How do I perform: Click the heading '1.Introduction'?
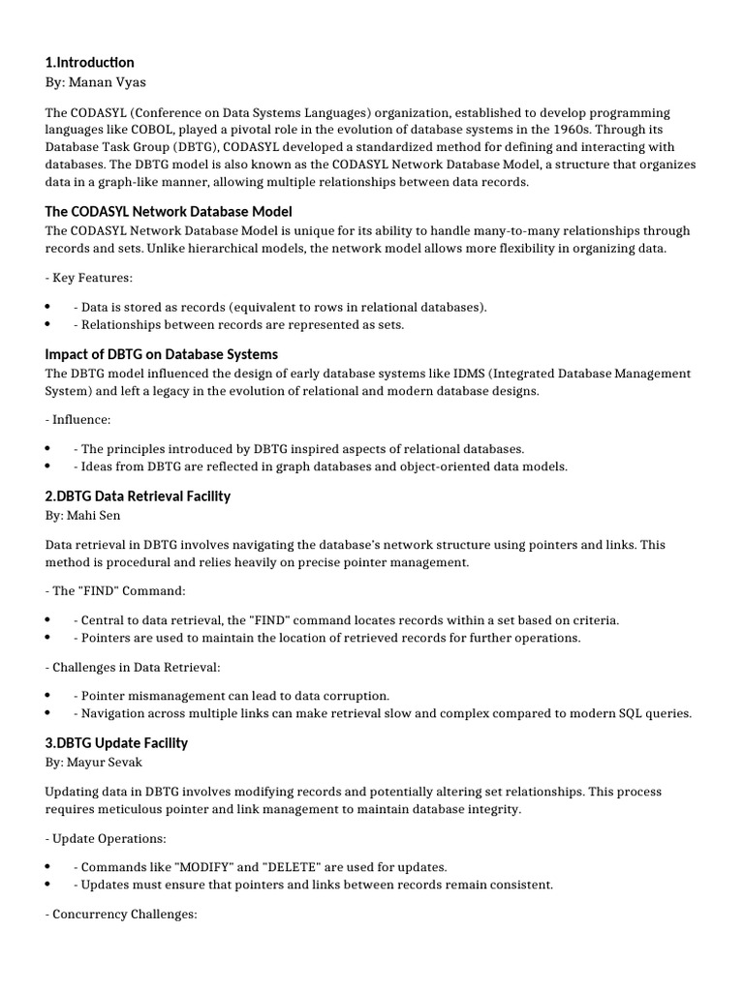90,63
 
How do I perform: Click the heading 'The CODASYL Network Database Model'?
169,211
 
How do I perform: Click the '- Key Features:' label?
89,278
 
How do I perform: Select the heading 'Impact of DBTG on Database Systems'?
162,353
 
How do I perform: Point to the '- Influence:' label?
78,420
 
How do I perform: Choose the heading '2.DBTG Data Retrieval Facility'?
138,495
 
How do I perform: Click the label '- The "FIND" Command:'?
115,590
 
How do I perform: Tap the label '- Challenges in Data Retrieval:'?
133,667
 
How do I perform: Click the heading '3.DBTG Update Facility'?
116,742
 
